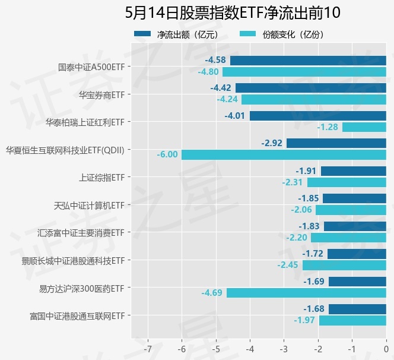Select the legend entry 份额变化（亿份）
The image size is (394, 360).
click(x=282, y=34)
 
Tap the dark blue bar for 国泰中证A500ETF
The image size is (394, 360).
click(x=308, y=61)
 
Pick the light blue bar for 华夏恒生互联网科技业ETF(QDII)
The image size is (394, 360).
click(x=284, y=154)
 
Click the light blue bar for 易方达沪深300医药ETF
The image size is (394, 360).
click(x=306, y=293)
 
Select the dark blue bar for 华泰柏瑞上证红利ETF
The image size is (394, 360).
click(x=318, y=116)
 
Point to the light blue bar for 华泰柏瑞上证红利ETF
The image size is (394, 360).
click(x=364, y=127)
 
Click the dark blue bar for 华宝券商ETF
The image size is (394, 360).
click(x=311, y=88)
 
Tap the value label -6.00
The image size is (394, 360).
click(x=167, y=154)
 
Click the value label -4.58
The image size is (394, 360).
click(x=215, y=61)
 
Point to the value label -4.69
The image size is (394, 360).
click(x=212, y=293)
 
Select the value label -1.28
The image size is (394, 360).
click(x=328, y=127)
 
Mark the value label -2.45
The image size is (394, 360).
click(x=288, y=265)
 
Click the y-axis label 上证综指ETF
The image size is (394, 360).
click(x=101, y=177)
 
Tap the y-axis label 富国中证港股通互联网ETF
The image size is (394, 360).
click(x=77, y=315)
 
